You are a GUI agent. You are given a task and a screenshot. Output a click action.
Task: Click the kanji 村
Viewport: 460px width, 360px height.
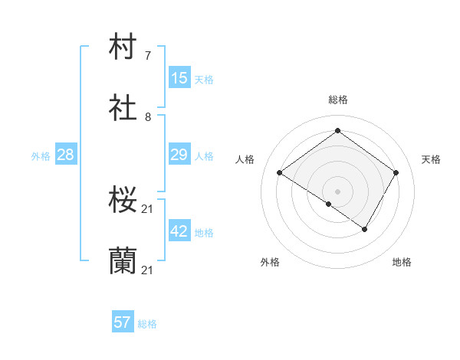pyautogui.click(x=123, y=47)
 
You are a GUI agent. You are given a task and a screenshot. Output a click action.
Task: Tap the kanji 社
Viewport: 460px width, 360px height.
pyautogui.click(x=123, y=109)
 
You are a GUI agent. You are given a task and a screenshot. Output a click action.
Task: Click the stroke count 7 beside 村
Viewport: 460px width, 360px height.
pyautogui.click(x=148, y=55)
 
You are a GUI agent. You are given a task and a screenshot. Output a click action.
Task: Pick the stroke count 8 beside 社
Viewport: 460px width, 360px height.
pyautogui.click(x=148, y=117)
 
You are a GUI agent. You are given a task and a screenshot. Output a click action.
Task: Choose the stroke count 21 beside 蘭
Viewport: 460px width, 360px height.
pyautogui.click(x=148, y=270)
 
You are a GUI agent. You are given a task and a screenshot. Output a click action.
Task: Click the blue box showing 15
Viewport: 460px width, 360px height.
pyautogui.click(x=179, y=78)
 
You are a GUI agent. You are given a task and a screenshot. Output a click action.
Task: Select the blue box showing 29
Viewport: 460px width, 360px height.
pyautogui.click(x=179, y=155)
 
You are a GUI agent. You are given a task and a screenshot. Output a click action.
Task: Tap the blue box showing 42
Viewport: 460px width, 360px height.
pyautogui.click(x=179, y=231)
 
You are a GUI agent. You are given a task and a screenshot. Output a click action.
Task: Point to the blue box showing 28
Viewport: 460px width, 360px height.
pyautogui.click(x=66, y=155)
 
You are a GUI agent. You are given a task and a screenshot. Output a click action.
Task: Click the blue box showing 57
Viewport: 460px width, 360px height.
pyautogui.click(x=123, y=322)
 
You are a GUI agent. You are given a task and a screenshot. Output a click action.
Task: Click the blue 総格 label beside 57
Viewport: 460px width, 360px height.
pyautogui.click(x=147, y=324)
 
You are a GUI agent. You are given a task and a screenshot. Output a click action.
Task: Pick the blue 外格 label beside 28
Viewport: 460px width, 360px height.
pyautogui.click(x=41, y=156)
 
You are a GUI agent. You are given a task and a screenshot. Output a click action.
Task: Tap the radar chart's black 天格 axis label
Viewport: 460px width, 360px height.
pyautogui.click(x=431, y=159)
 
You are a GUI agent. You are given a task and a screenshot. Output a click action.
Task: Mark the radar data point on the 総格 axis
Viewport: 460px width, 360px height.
pyautogui.click(x=337, y=130)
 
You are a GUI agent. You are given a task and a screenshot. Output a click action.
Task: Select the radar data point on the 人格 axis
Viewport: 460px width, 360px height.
pyautogui.click(x=280, y=173)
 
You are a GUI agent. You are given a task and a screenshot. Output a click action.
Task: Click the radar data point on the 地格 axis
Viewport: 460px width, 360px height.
pyautogui.click(x=365, y=229)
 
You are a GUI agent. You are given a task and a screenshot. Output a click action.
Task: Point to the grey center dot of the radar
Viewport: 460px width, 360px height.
pyautogui.click(x=337, y=191)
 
